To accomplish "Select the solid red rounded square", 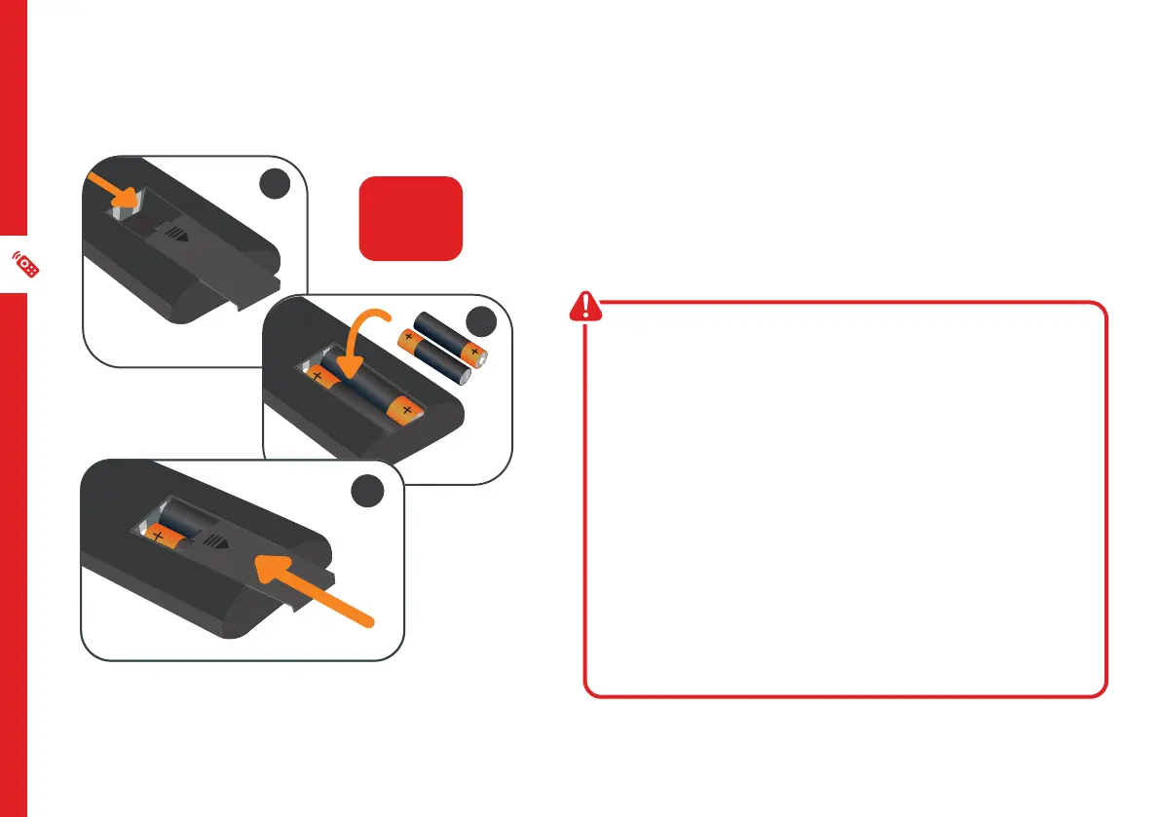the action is coord(410,218).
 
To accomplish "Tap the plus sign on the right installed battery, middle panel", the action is coord(405,409).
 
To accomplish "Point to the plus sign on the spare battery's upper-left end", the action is coord(409,338).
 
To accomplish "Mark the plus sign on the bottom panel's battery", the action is coord(158,537).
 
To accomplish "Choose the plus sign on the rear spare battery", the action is coord(474,351).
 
